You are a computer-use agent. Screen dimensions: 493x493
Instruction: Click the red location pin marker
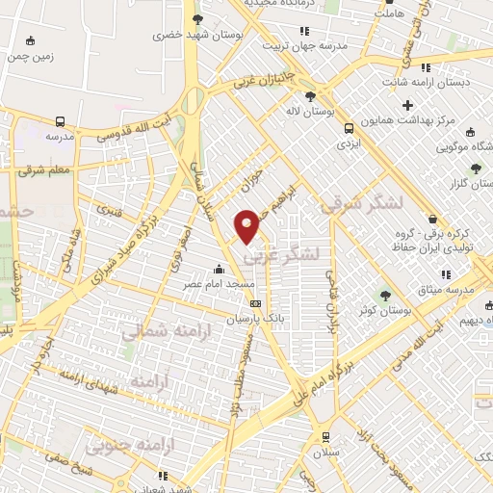pyautogui.click(x=247, y=225)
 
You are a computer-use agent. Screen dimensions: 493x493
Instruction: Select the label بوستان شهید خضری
pyautogui.click(x=197, y=34)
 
